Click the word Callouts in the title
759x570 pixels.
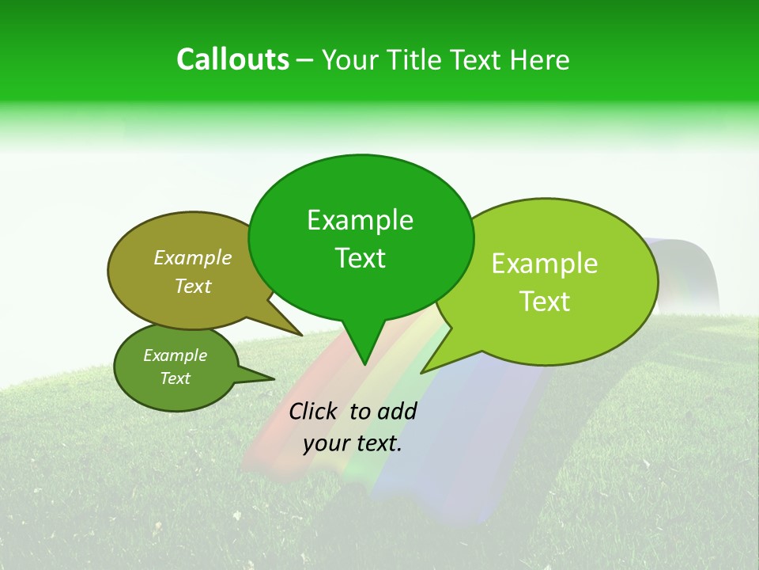[233, 59]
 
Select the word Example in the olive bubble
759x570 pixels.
[193, 257]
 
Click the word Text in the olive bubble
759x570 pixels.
[193, 286]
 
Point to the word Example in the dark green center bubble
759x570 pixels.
[360, 220]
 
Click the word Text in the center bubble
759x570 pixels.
[360, 258]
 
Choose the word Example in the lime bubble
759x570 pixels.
[545, 264]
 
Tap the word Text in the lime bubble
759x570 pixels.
[545, 302]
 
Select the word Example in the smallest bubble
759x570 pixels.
[175, 355]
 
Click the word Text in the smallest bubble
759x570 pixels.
[175, 378]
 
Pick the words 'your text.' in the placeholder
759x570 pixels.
[353, 444]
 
